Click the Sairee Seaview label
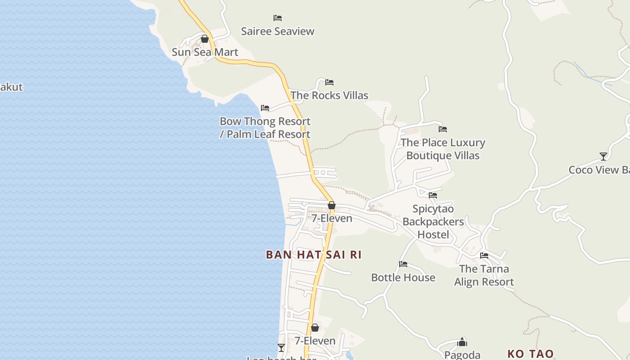tap(278, 31)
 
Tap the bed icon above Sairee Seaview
tap(278, 18)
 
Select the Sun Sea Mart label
tap(205, 52)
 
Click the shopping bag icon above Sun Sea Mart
tap(205, 39)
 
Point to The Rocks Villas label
tap(329, 95)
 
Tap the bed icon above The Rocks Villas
tap(329, 82)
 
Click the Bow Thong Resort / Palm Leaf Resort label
tap(265, 128)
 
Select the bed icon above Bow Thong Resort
tap(265, 108)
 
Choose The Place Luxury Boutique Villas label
tap(443, 149)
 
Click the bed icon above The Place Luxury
tap(443, 129)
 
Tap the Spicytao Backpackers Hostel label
tap(433, 222)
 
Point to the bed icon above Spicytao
tap(433, 195)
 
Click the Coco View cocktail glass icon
tap(603, 157)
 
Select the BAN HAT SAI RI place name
tap(314, 255)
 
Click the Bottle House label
tap(403, 278)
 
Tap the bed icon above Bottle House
tap(403, 264)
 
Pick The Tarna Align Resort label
tap(484, 275)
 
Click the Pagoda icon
tap(462, 342)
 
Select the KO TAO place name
tap(531, 354)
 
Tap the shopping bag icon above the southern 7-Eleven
tap(315, 328)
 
